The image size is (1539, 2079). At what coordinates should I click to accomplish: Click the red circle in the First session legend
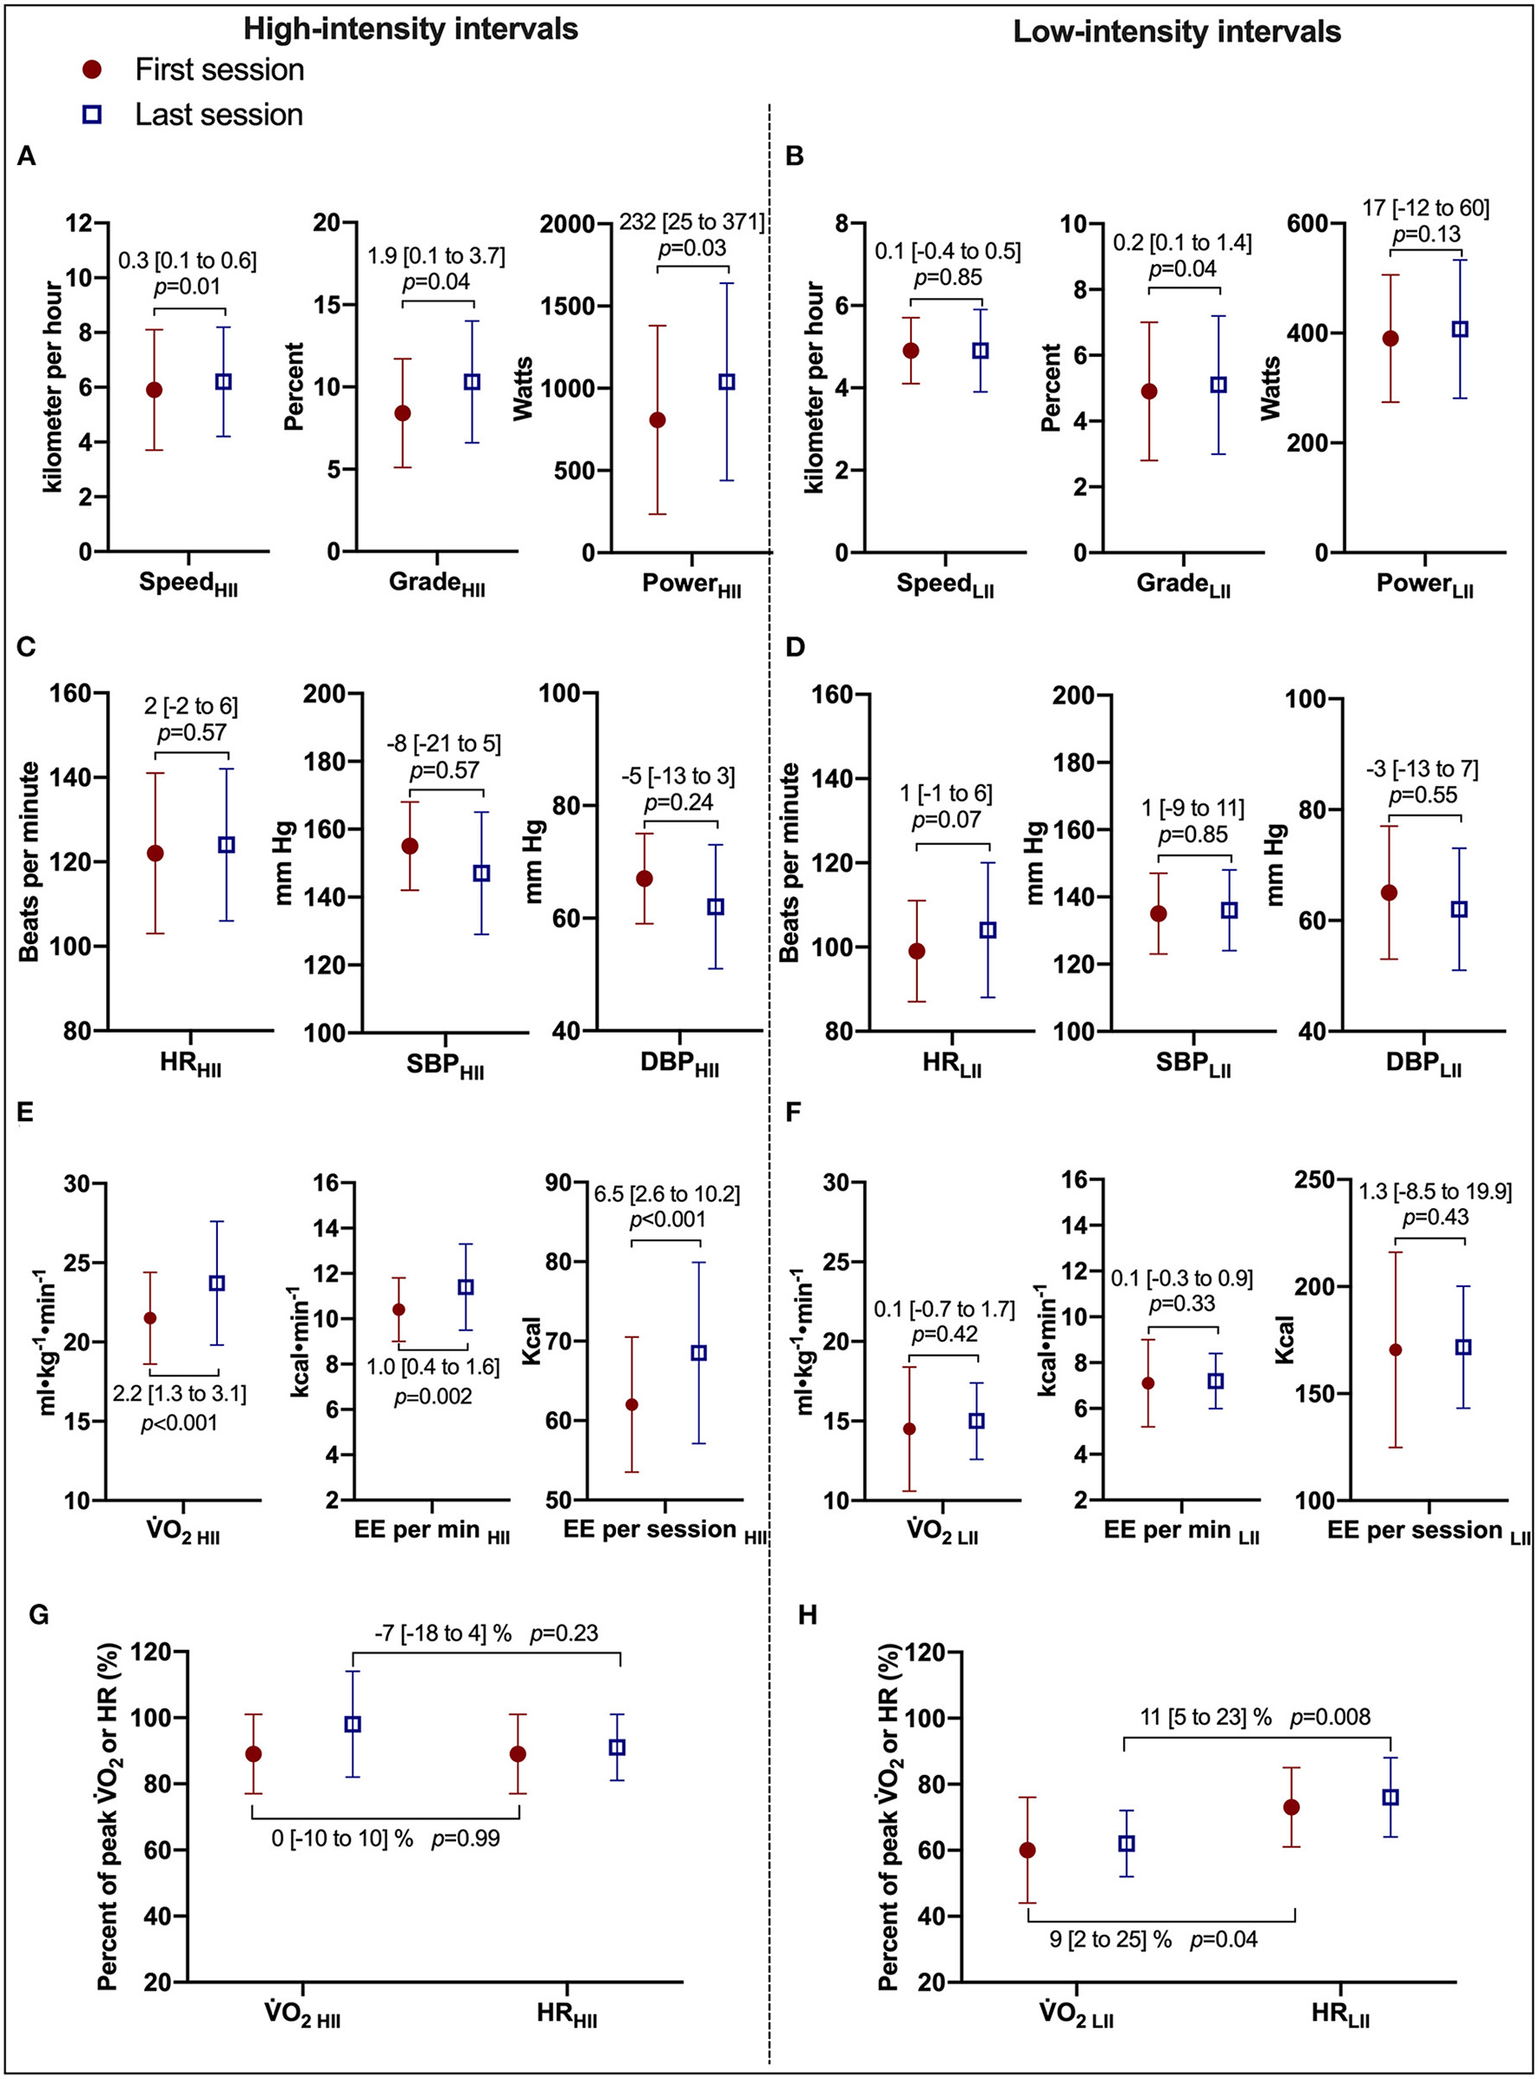(x=92, y=69)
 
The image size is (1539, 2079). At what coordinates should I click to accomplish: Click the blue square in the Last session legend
(x=92, y=115)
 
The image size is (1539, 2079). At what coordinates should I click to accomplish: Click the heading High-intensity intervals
(x=411, y=29)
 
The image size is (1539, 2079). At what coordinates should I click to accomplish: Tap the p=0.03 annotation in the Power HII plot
(x=691, y=248)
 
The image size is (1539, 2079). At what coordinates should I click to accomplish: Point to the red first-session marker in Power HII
(x=657, y=420)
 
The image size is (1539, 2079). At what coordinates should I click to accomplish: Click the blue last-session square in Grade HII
(x=472, y=382)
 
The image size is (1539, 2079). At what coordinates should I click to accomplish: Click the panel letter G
(x=39, y=1615)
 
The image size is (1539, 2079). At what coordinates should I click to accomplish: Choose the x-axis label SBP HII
(x=446, y=1064)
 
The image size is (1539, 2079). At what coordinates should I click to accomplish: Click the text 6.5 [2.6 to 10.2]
(x=667, y=1194)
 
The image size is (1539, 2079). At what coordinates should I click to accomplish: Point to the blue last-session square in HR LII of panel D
(x=987, y=929)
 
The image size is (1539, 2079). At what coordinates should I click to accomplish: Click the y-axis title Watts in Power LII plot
(x=1271, y=388)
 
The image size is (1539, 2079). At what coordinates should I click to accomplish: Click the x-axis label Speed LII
(x=945, y=585)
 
